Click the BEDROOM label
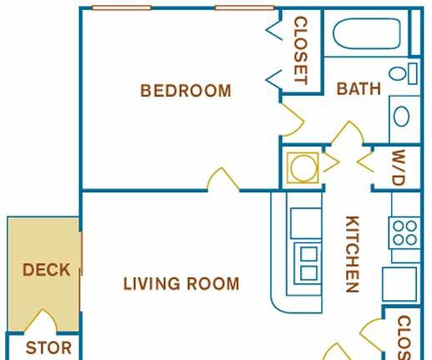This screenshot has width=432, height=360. (x=186, y=91)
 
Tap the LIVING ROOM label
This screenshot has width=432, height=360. (x=181, y=283)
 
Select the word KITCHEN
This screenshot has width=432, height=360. (x=352, y=254)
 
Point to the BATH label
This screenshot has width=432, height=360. (x=359, y=88)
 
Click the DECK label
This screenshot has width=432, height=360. (x=46, y=270)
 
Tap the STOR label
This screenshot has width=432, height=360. (x=48, y=348)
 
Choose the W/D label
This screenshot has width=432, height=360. (x=398, y=167)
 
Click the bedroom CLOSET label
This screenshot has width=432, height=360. (x=301, y=50)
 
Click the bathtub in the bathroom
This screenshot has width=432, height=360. (x=366, y=33)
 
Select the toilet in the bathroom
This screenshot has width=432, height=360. (x=403, y=73)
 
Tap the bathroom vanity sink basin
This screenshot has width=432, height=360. (x=401, y=117)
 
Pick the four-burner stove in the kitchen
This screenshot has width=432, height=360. (x=404, y=232)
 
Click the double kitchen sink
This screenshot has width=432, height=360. (x=308, y=263)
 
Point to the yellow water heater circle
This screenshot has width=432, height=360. (x=304, y=168)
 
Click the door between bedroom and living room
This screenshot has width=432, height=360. (x=223, y=179)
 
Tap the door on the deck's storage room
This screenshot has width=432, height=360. (x=41, y=320)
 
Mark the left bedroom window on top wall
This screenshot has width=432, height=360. (x=122, y=7)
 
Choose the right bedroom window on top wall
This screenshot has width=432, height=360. (x=244, y=7)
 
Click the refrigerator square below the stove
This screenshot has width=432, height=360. (x=399, y=284)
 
